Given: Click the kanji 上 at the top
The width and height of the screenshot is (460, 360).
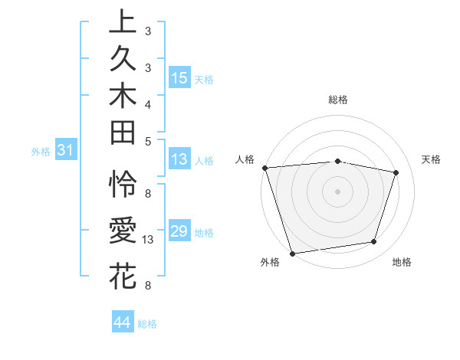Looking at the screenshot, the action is pos(123,21).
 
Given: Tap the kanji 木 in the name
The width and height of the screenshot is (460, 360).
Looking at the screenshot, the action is pos(123,96).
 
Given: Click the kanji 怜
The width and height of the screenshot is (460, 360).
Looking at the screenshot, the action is pos(123,185).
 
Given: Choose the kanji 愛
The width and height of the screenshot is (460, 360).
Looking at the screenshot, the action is pos(123,230).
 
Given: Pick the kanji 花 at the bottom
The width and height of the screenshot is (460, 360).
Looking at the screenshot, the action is pos(123,275).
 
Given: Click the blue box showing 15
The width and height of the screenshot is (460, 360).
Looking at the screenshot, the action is pos(179,78).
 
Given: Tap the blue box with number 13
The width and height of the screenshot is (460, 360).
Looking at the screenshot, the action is pos(179,159).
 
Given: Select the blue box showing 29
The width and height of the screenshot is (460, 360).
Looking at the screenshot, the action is pos(179,231).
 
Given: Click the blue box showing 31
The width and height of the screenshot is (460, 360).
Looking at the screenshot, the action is pos(65,151).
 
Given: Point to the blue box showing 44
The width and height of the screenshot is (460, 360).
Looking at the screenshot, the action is pos(122,322).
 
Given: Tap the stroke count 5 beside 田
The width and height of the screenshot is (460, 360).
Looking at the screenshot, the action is pos(147,141).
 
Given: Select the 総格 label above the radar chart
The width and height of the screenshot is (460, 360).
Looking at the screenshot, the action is pos(338,100).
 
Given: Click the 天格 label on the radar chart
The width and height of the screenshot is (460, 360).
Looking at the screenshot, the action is pos(431,159).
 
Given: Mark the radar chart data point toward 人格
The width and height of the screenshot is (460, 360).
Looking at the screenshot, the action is pos(264,168).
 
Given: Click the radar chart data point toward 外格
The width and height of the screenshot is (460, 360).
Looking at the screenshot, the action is pos(292,253).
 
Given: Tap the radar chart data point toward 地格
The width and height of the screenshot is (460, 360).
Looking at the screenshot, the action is pos(374,242).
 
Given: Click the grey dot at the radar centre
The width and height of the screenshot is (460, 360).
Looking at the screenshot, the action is pos(337,191).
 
